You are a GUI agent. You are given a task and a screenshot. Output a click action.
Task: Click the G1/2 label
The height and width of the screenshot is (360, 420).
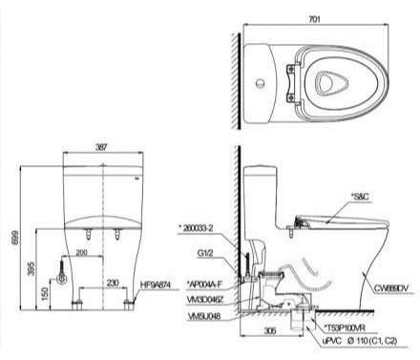coord(204,253)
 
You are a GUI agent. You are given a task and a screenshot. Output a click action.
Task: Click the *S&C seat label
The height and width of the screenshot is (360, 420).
coord(360,196)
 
